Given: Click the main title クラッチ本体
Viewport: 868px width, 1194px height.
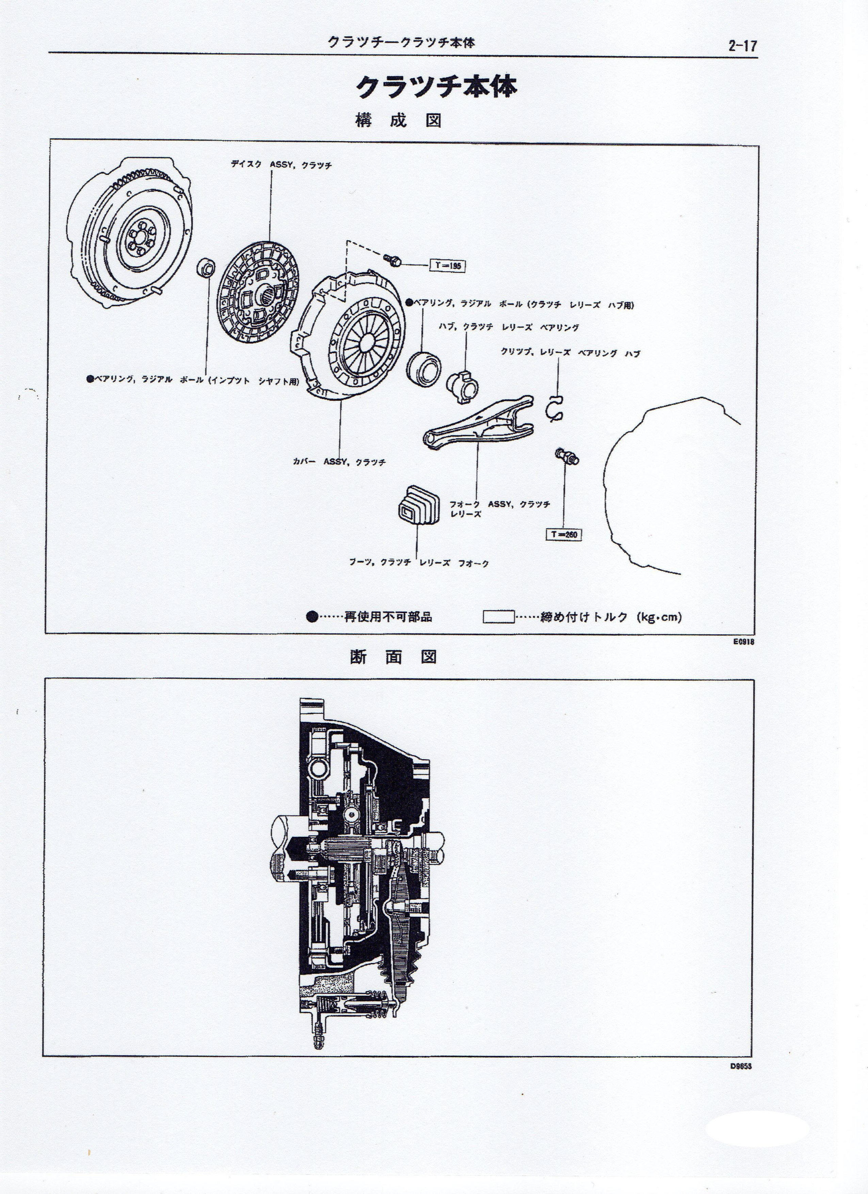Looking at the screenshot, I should [436, 87].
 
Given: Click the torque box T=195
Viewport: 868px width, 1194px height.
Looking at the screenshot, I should [448, 265].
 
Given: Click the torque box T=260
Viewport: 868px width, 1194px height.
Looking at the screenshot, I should [564, 534].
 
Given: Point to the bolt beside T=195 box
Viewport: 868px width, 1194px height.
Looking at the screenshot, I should [392, 259].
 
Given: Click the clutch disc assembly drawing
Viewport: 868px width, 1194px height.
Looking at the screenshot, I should [258, 300].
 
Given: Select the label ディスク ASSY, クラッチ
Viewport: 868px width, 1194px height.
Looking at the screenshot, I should [281, 165].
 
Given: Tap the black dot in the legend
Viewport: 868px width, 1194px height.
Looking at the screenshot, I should [312, 617].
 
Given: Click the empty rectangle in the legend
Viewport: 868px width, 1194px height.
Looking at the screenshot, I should [498, 617].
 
